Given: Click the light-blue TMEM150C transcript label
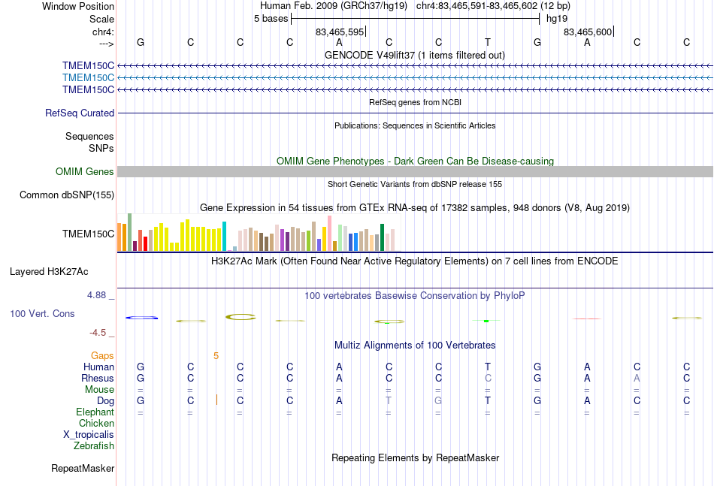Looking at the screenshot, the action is coord(89,78).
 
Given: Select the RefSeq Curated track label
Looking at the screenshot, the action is coord(80,113).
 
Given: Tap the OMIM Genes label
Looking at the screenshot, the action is coord(85,171).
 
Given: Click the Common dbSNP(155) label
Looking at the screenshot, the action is coord(67,195).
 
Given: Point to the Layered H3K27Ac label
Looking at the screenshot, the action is coord(49,272).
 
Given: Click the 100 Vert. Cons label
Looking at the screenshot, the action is coord(42,313).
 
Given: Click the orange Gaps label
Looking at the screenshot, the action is coord(102,355).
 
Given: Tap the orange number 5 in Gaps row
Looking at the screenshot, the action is coord(216,356).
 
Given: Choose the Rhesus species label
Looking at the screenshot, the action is coord(98,378).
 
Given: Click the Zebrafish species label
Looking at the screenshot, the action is coord(94,445).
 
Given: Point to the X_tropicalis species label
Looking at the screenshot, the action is coord(89,435).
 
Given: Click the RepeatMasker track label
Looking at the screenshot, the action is coord(83,468).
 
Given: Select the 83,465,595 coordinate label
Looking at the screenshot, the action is coord(340,32).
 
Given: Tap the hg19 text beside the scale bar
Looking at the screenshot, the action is coord(557,19).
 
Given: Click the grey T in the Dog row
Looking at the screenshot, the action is coord(389,400).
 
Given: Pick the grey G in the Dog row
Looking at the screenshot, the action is coord(438,400).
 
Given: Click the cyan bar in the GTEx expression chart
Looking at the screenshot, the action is coord(224,236).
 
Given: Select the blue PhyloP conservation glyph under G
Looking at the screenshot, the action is coord(141,318).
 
